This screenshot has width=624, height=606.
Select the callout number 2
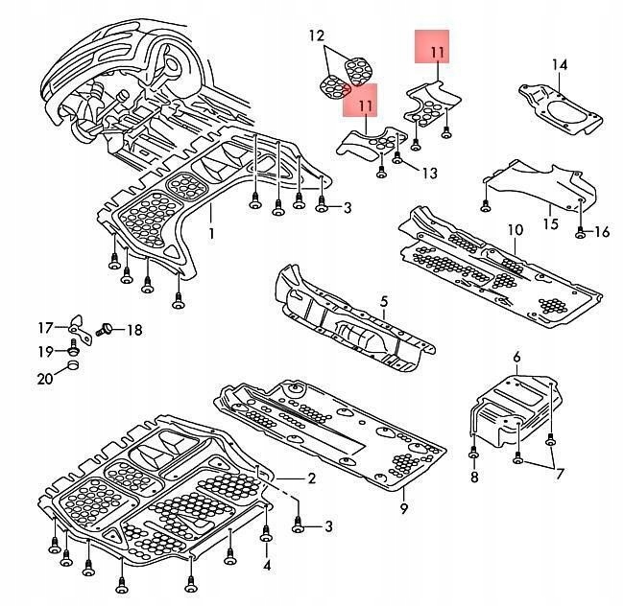click(x=311, y=478)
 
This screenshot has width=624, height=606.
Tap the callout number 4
click(x=267, y=565)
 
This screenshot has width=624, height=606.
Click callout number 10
click(x=514, y=230)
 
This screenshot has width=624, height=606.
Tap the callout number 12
click(x=317, y=36)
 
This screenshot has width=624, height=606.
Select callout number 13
click(x=428, y=173)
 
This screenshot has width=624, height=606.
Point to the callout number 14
click(x=560, y=65)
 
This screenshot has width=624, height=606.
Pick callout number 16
click(x=601, y=232)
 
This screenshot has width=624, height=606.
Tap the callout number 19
click(x=45, y=352)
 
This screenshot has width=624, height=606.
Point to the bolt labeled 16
click(x=581, y=231)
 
